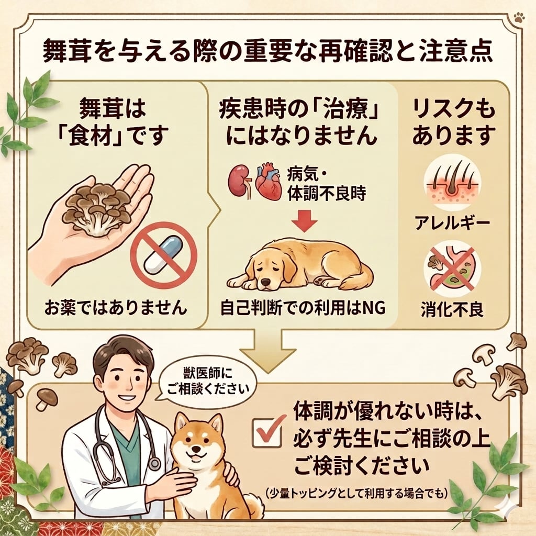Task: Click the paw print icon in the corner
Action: (x=519, y=27)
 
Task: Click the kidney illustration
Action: (x=238, y=181)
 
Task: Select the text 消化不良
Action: (x=452, y=310)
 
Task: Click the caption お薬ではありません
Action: (x=116, y=308)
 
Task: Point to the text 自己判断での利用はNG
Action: (x=303, y=308)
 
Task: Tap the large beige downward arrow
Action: (x=268, y=350)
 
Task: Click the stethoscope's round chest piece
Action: (x=154, y=464)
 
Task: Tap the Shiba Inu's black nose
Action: (x=197, y=449)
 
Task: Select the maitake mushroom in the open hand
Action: (x=97, y=210)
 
